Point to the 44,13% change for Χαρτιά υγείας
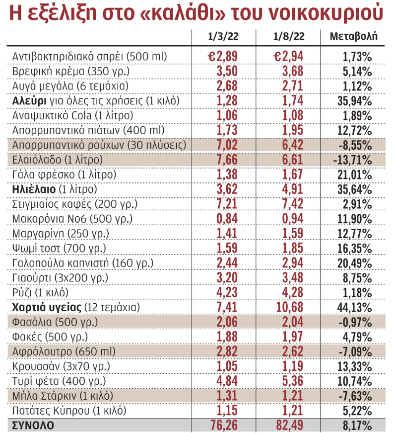point(354,307)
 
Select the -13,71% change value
point(352,160)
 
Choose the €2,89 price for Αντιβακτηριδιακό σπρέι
point(223,56)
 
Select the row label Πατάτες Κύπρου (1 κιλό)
point(69,411)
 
